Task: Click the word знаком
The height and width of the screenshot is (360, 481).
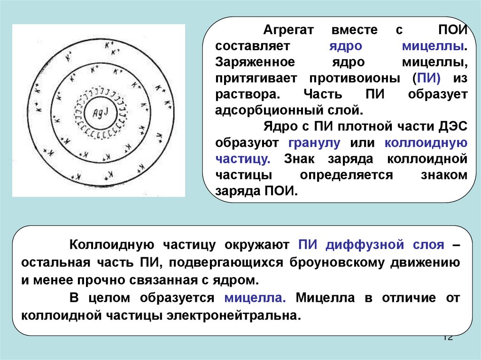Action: (444, 175)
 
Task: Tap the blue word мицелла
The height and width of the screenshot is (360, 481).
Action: (255, 298)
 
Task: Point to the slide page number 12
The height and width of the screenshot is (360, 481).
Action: (447, 337)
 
